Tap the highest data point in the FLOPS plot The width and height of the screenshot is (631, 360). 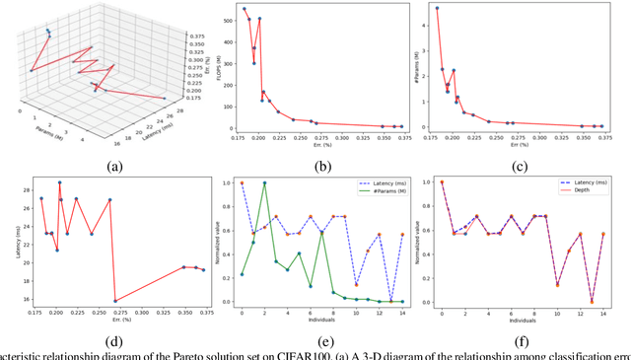245,9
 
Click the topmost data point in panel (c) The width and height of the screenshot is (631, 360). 438,8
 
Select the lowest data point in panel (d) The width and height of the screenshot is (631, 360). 115,301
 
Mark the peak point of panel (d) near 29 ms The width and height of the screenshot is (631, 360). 59,182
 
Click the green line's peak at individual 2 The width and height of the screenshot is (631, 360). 264,182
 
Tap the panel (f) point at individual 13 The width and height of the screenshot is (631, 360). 592,301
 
